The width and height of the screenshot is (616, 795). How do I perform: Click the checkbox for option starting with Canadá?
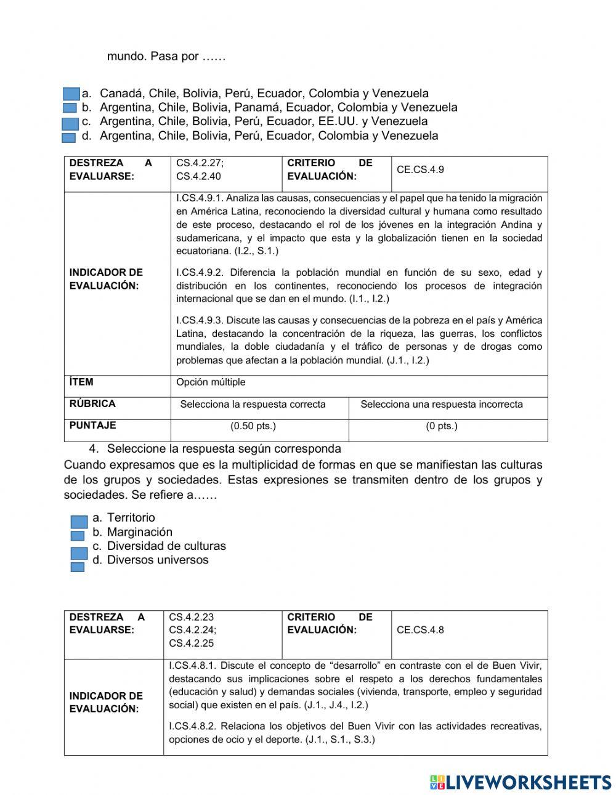pyautogui.click(x=71, y=94)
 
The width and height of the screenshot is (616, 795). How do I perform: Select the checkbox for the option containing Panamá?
pyautogui.click(x=70, y=108)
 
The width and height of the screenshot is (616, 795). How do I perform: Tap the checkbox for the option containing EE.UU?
pyautogui.click(x=70, y=124)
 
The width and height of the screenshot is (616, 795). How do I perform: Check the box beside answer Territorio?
pyautogui.click(x=79, y=522)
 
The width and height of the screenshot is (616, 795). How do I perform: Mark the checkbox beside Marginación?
pyautogui.click(x=78, y=536)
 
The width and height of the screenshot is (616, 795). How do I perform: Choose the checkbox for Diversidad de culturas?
pyautogui.click(x=79, y=552)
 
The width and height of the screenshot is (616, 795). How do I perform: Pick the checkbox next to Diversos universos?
pyautogui.click(x=78, y=567)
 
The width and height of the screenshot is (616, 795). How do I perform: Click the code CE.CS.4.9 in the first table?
pyautogui.click(x=420, y=169)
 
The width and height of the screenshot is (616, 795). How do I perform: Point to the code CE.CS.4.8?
pyautogui.click(x=420, y=630)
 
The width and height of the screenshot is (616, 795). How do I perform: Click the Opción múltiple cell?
pyautogui.click(x=211, y=382)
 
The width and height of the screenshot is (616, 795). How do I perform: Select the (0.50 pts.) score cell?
pyautogui.click(x=253, y=426)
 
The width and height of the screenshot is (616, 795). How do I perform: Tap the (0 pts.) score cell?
pyautogui.click(x=441, y=426)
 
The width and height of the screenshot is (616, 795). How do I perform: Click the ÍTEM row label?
pyautogui.click(x=81, y=382)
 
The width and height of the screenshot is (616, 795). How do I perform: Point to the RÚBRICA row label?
pyautogui.click(x=92, y=404)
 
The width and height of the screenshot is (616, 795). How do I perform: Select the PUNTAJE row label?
pyautogui.click(x=92, y=426)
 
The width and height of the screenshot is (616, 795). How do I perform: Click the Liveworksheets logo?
pyautogui.click(x=521, y=782)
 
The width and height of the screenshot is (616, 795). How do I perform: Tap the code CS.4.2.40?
pyautogui.click(x=198, y=176)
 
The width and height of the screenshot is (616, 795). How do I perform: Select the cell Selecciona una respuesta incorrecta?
pyautogui.click(x=441, y=405)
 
